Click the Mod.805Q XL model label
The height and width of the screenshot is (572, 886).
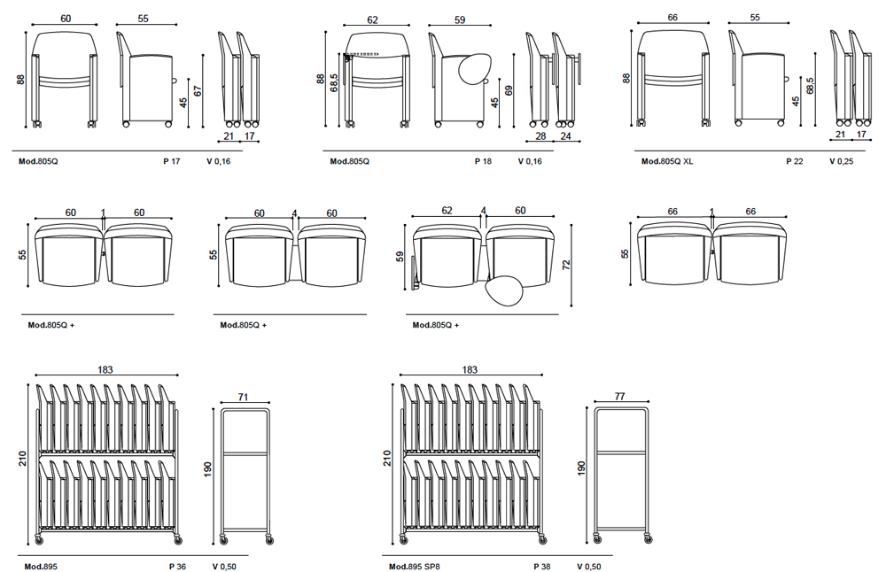pos(667,161)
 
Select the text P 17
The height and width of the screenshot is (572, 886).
pos(171,161)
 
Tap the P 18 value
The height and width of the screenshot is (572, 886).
pos(483,161)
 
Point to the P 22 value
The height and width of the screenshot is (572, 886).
pos(795,161)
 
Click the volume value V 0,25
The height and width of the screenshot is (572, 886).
pos(841,161)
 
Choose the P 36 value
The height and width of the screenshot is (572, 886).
pos(177,566)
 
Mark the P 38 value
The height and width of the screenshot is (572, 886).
pos(542,566)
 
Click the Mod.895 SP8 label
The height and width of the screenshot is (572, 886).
pos(414,566)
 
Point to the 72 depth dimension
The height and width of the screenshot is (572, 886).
pos(566,264)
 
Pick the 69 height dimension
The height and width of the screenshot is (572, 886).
pos(509,90)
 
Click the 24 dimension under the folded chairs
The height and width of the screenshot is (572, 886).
pos(564,136)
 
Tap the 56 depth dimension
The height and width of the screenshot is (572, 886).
pos(625,254)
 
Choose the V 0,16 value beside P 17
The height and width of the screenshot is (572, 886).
pos(218,161)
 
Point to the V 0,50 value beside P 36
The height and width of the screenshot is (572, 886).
pos(224,566)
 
